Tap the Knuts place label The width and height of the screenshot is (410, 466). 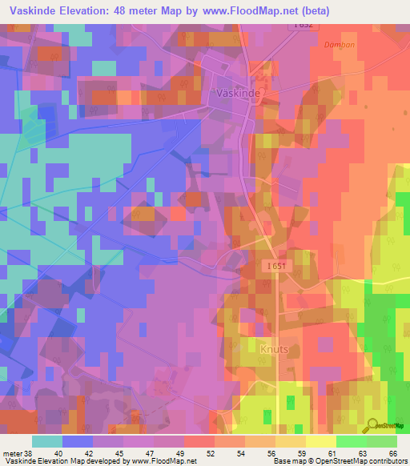pos(275,349)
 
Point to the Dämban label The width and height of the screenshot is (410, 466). pos(339,45)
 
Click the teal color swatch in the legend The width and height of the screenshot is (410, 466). pos(46,441)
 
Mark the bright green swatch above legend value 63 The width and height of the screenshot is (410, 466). pos(351,441)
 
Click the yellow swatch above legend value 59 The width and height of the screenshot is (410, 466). pos(290,441)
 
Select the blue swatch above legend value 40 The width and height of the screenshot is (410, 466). pos(78,441)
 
